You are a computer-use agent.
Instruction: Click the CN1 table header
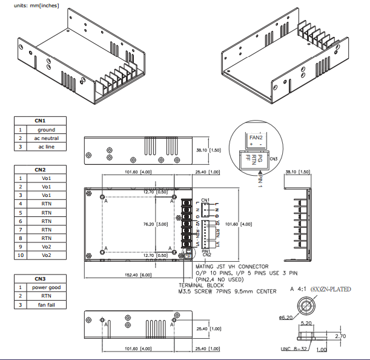click(x=41, y=121)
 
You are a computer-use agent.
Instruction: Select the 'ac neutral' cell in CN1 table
click(x=46, y=138)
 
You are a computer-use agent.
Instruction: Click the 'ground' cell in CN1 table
click(x=46, y=130)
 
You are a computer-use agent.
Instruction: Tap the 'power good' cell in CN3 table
click(x=46, y=287)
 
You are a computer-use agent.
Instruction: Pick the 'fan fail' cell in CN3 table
click(x=46, y=304)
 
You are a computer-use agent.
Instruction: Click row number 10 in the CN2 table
click(x=20, y=255)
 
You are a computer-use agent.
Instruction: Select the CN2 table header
click(x=41, y=170)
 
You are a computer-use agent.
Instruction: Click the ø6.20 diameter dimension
click(x=286, y=317)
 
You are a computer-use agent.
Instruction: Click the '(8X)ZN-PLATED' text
click(x=331, y=290)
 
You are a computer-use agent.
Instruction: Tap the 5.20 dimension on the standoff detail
click(x=306, y=324)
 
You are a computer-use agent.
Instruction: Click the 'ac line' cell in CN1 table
click(x=46, y=147)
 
